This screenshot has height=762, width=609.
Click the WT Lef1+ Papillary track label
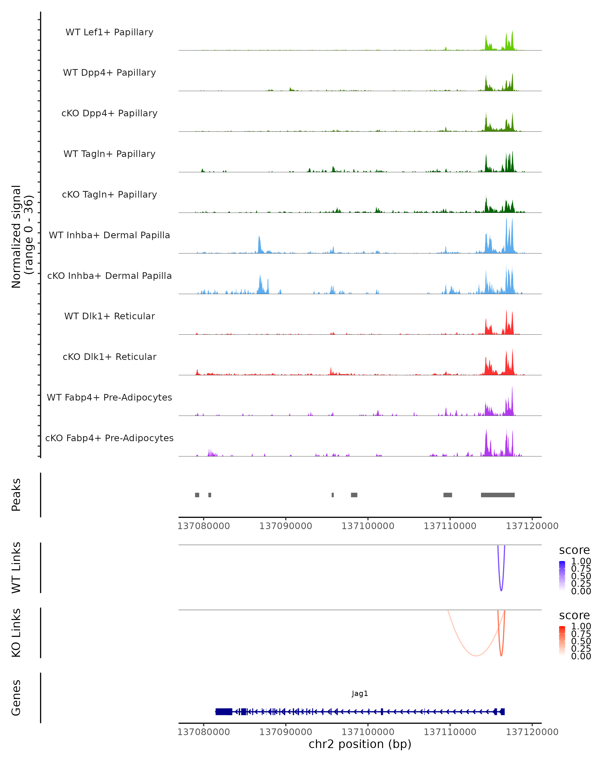(109, 32)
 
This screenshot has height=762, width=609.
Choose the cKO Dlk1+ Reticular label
(109, 357)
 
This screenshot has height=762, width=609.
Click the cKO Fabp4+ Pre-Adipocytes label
(109, 438)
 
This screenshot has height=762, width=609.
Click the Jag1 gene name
(360, 693)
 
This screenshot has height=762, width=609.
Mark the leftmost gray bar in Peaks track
(197, 495)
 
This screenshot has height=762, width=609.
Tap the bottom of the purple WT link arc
(501, 590)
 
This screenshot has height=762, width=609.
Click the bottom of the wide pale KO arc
(476, 656)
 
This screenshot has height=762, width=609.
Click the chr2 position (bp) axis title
(360, 744)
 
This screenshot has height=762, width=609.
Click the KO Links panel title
(16, 633)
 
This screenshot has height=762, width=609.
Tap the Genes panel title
(16, 698)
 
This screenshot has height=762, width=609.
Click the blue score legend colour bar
(562, 576)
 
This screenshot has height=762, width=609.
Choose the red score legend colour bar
(562, 641)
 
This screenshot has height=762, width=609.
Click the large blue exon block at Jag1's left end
(224, 711)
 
